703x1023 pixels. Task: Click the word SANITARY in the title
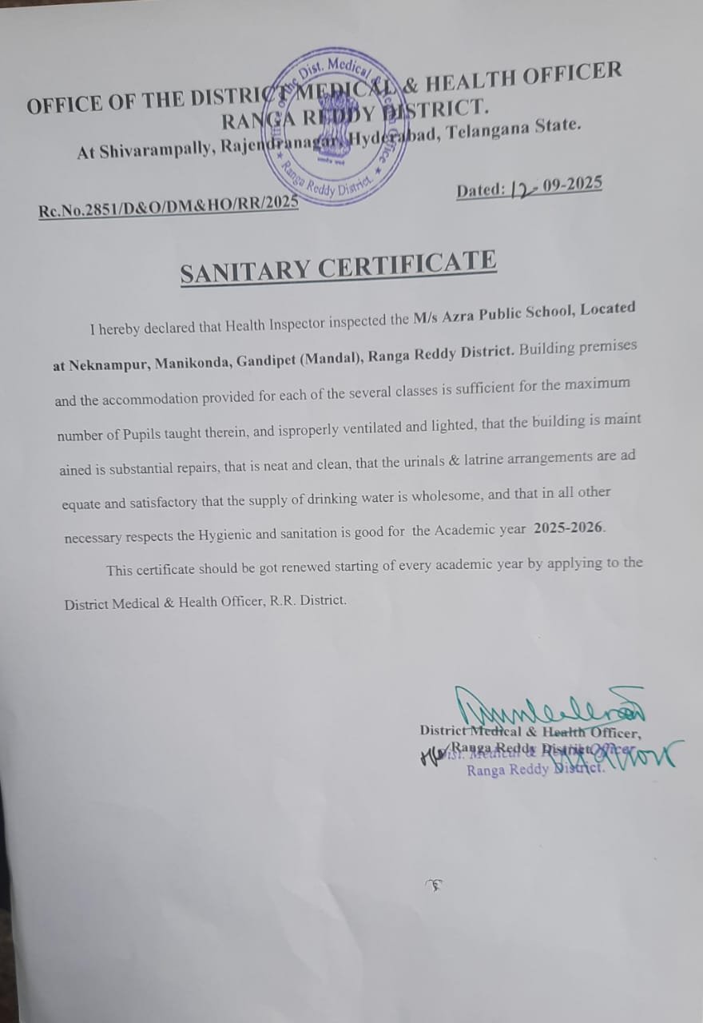coord(244,271)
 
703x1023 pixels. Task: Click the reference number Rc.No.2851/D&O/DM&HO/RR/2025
coord(169,209)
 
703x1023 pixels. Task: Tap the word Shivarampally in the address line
coord(151,150)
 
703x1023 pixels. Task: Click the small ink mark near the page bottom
coord(435,885)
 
